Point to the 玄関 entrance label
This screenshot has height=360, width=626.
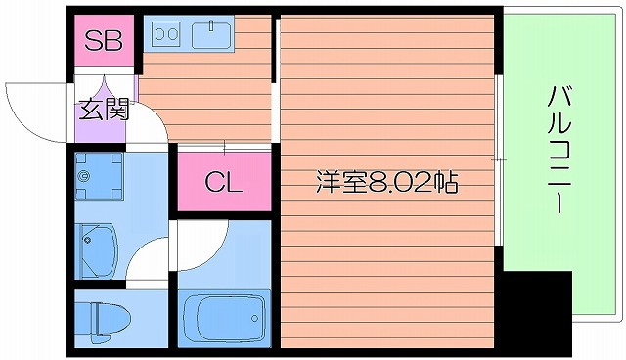(104, 109)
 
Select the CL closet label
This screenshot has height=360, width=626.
(223, 182)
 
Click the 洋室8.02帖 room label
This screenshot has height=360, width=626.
(387, 182)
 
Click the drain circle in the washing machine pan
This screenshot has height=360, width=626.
(86, 177)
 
